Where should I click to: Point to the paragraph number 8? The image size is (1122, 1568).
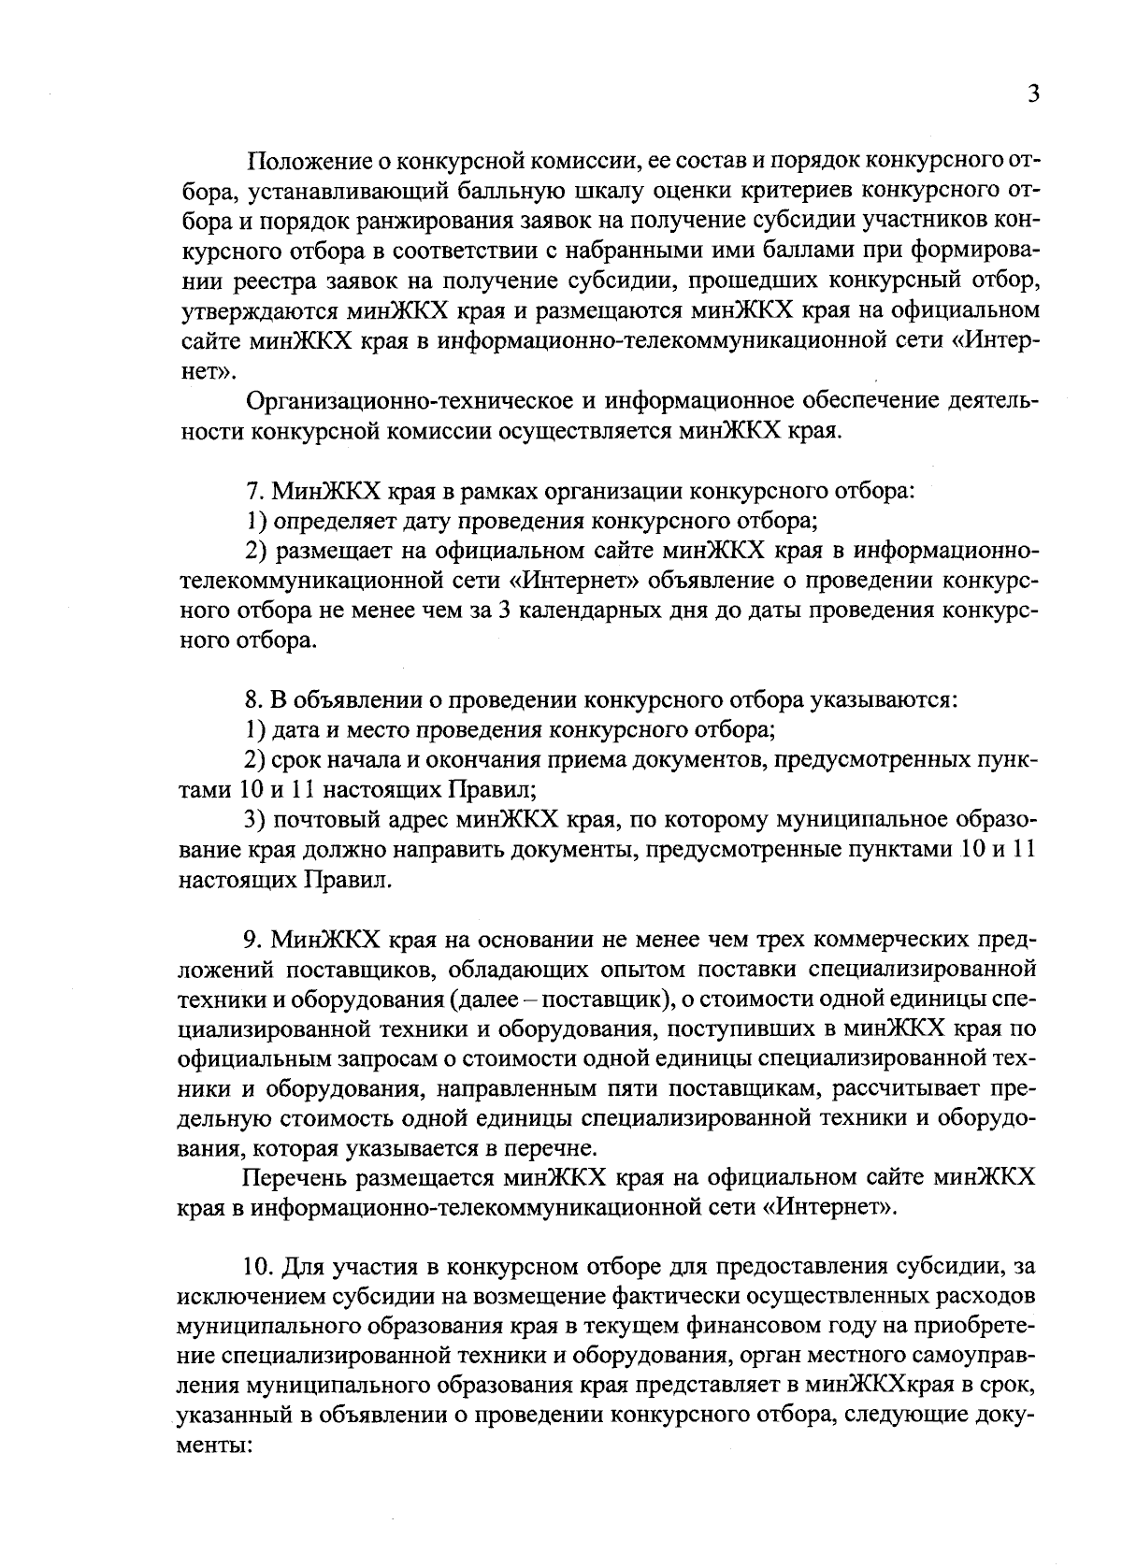coord(252,699)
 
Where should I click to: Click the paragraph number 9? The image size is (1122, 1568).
coord(252,938)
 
